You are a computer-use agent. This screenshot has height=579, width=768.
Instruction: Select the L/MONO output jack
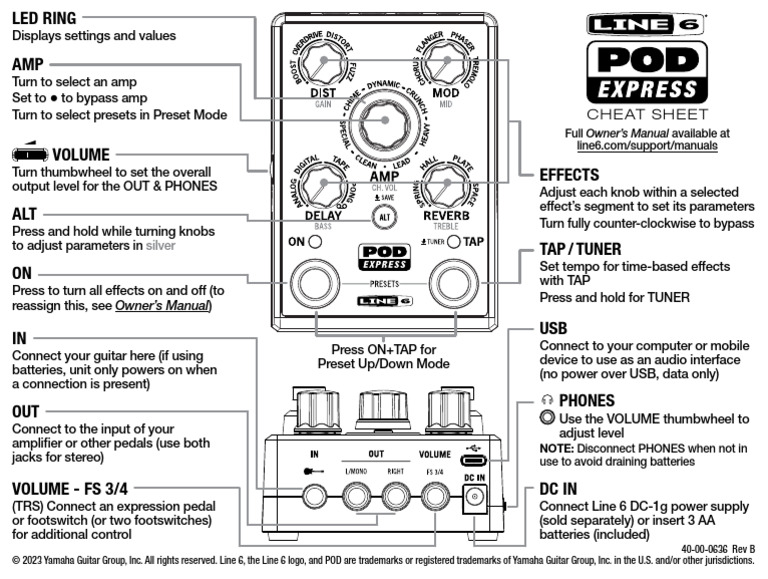(x=355, y=493)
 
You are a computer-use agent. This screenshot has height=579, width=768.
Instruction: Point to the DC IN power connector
(x=477, y=505)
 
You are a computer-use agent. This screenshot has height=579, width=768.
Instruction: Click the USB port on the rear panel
(x=477, y=461)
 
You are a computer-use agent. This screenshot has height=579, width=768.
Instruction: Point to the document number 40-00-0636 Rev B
(x=717, y=548)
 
